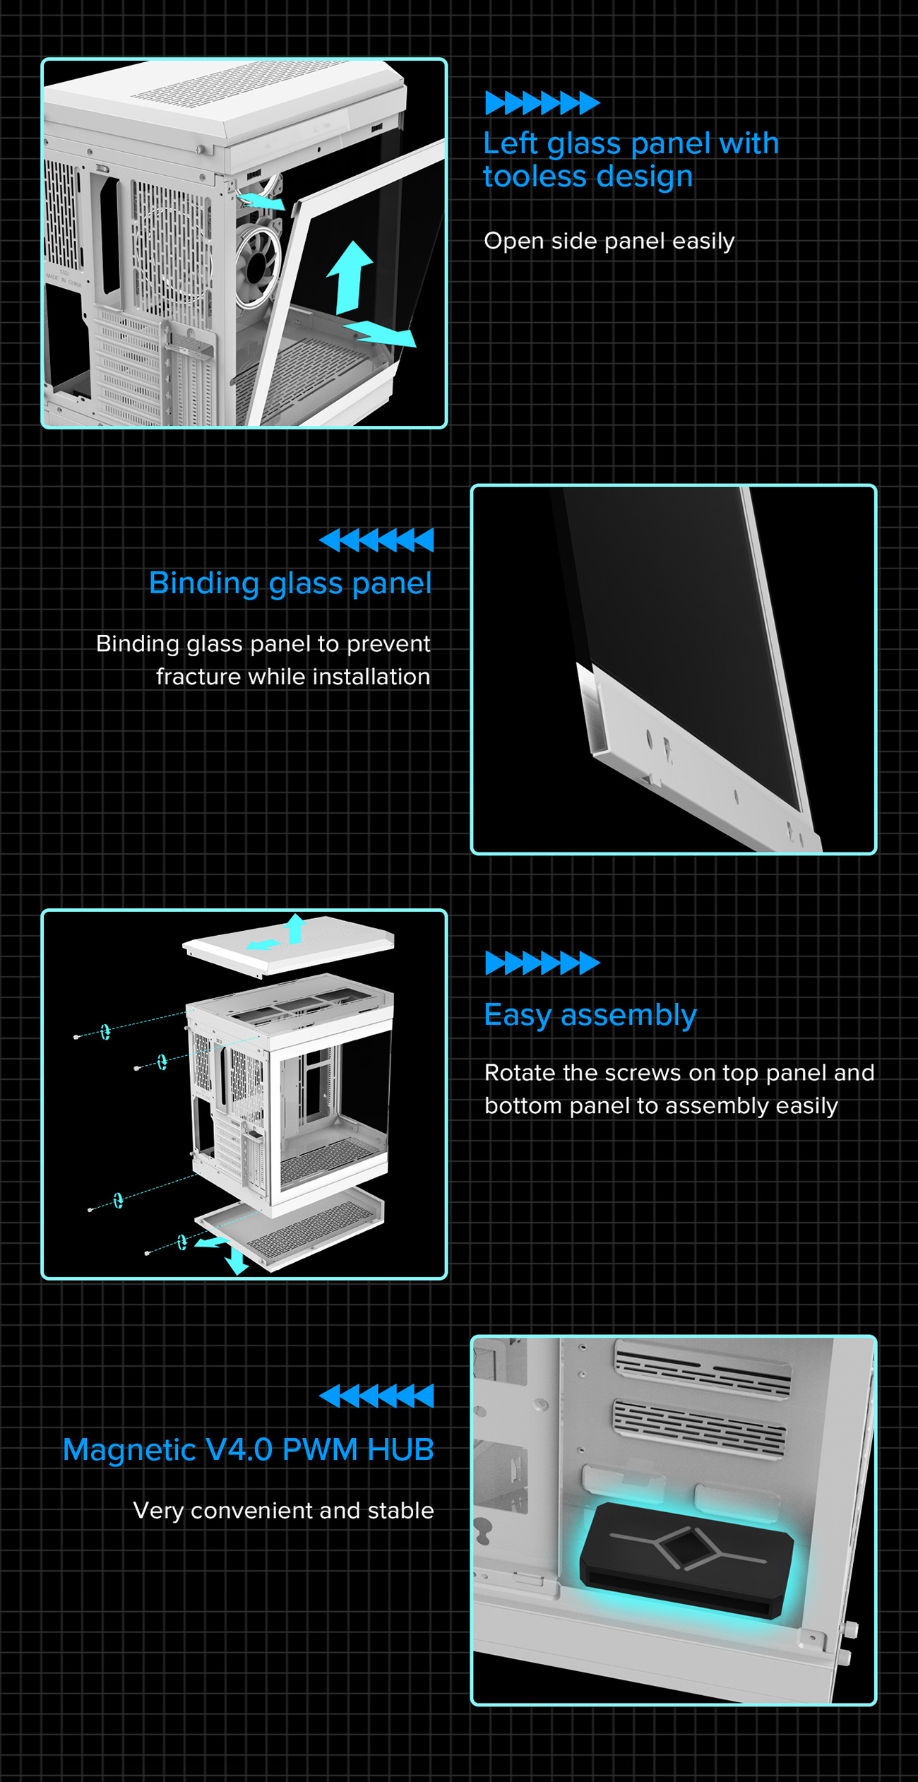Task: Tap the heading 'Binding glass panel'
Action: [290, 583]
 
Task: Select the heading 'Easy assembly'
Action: [590, 1015]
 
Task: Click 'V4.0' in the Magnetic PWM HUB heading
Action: [239, 1450]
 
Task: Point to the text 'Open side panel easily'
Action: [609, 241]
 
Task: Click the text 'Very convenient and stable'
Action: [283, 1510]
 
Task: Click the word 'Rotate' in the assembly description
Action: [520, 1072]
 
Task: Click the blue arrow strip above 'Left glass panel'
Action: [542, 103]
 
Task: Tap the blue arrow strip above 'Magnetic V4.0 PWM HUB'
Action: [376, 1396]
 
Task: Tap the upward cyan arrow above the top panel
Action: [296, 927]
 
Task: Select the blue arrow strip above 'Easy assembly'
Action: [542, 963]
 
